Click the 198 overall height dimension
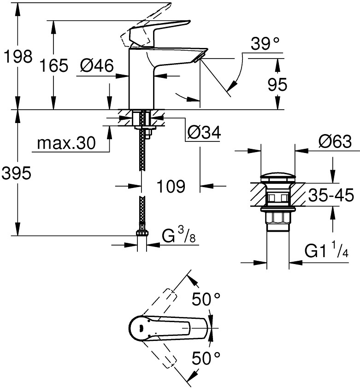click(17, 57)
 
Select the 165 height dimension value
click(53, 66)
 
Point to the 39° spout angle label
click(265, 45)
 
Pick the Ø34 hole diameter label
click(203, 133)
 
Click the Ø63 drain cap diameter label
click(334, 141)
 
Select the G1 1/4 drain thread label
click(325, 251)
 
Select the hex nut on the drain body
click(278, 218)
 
